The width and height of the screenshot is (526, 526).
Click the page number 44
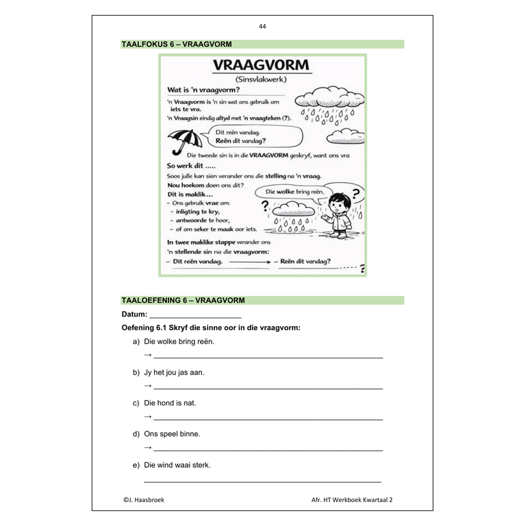pos(262,27)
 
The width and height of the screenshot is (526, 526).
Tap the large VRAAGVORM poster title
pos(260,66)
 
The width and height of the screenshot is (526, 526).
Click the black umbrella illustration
pos(185,142)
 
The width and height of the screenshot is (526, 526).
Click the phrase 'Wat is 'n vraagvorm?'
pos(203,90)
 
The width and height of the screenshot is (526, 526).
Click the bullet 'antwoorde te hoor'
pos(205,221)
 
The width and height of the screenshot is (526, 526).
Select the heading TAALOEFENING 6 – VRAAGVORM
pos(183,300)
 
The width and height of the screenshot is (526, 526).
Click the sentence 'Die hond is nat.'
pos(170,403)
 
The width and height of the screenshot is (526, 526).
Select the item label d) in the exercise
pos(136,434)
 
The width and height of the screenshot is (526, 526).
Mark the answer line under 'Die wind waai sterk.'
pos(263,481)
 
